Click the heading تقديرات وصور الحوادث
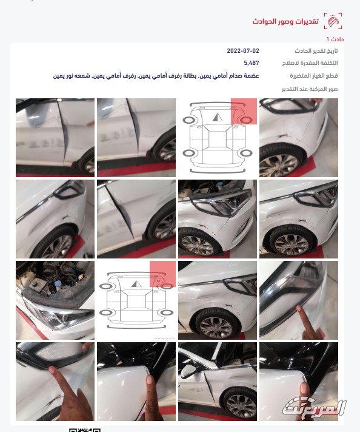click(286, 21)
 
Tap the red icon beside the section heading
click(332, 21)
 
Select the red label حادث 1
click(327, 39)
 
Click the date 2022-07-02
click(243, 50)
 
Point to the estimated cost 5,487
click(252, 63)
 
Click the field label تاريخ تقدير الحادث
click(316, 50)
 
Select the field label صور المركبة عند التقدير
click(310, 89)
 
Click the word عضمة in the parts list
click(248, 76)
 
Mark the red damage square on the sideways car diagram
click(162, 274)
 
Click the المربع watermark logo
click(315, 407)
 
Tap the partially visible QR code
click(84, 430)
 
